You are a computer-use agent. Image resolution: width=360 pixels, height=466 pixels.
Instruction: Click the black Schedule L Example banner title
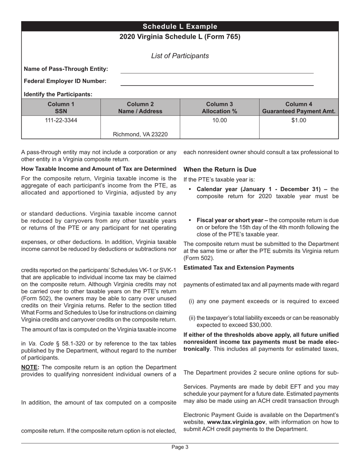[180, 27]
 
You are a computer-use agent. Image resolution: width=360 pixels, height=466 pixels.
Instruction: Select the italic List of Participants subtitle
[180, 56]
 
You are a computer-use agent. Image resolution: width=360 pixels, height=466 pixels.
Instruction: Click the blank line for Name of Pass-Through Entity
[217, 72]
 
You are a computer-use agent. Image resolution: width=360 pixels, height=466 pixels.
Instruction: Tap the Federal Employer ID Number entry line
[217, 84]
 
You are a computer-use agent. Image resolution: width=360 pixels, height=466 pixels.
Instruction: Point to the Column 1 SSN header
[61, 108]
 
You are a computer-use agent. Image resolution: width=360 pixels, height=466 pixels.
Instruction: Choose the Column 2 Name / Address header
[140, 108]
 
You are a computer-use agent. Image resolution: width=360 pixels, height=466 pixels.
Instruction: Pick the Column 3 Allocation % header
[219, 108]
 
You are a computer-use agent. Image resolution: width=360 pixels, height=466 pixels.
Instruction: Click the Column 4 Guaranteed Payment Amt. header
[299, 108]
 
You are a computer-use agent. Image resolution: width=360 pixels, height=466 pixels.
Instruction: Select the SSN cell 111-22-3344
[61, 121]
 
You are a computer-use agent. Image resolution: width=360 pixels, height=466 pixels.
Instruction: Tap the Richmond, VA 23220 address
[141, 134]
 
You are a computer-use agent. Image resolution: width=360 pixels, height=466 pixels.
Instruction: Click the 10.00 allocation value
[219, 121]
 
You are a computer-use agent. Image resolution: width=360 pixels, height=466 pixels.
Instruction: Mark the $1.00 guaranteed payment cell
[299, 121]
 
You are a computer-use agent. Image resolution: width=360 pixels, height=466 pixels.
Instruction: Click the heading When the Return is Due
[220, 169]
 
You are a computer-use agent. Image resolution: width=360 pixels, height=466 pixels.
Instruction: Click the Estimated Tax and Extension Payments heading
[239, 267]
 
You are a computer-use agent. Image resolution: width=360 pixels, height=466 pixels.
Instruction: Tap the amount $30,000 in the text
[260, 325]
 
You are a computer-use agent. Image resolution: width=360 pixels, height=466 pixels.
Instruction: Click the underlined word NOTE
[30, 367]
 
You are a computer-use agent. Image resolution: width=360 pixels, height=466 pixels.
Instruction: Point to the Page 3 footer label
[180, 447]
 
